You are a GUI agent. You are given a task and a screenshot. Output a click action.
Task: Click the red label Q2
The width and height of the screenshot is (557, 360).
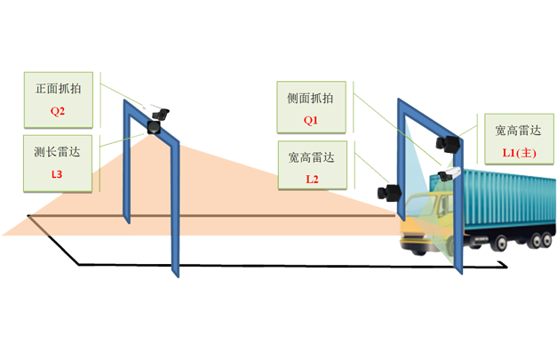58,112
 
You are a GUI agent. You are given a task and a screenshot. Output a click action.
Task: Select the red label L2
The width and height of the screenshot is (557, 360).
311,179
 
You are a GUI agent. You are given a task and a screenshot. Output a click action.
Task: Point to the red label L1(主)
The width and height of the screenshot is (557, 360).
519,153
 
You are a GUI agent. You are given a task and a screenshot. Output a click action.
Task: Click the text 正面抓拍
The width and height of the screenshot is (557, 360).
58,90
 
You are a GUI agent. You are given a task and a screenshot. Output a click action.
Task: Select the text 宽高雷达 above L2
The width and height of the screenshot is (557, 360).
311,157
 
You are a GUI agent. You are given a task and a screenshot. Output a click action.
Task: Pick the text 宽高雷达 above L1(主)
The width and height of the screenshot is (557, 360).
519,131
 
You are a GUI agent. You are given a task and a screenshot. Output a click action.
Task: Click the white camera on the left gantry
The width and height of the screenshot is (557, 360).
163,113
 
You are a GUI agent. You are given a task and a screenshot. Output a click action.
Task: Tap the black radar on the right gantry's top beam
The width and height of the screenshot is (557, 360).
451,142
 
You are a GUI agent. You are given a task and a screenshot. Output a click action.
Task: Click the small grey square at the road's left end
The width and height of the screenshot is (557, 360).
28,210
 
